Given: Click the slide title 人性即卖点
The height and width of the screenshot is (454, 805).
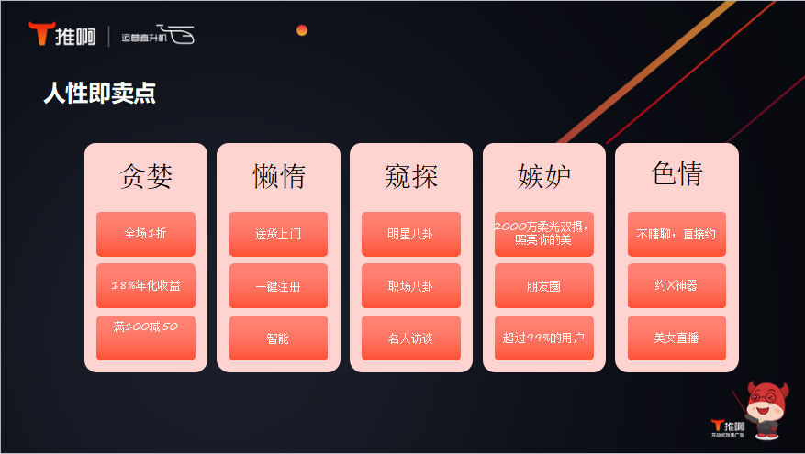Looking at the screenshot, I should tap(99, 94).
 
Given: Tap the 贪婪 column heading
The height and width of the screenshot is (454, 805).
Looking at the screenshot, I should tap(146, 176).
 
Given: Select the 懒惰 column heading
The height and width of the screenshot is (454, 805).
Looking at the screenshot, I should tap(279, 176).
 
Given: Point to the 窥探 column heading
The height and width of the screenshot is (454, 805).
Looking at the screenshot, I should tap(411, 176).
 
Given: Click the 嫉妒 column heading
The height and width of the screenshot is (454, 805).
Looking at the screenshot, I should tap(543, 176).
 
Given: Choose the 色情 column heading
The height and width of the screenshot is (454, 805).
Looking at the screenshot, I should tap(676, 173).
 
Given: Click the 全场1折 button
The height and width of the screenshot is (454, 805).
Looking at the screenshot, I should tap(146, 234).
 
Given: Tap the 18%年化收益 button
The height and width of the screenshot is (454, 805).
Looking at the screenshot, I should tap(146, 286).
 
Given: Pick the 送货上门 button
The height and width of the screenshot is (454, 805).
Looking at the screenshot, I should tap(278, 234).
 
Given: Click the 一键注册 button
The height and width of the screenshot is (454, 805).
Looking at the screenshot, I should tap(278, 286).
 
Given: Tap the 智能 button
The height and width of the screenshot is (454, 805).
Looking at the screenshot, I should tap(278, 338).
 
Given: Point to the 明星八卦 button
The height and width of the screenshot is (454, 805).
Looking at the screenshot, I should tap(411, 234).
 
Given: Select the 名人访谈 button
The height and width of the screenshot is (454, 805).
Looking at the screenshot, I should tap(411, 338).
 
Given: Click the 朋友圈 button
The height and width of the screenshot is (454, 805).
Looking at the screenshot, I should tap(543, 286).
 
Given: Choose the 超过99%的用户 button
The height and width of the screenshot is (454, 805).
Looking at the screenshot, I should tap(543, 338).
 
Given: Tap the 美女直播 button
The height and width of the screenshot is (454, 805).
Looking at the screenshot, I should tap(676, 338).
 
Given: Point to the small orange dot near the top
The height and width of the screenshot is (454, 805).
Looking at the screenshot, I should tap(302, 30).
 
